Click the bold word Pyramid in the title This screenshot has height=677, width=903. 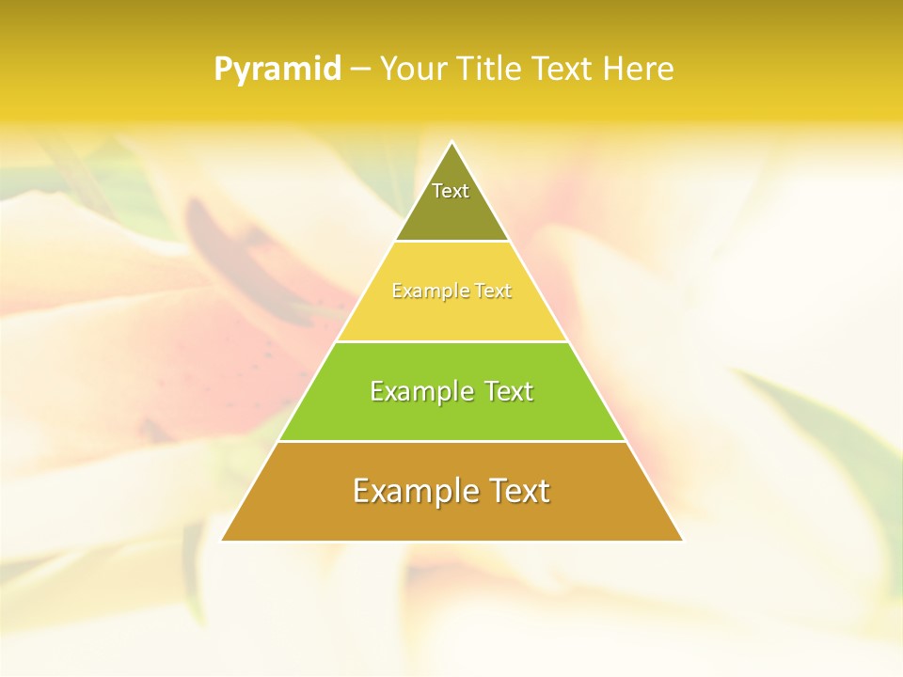click(277, 70)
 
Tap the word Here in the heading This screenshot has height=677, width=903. click(638, 70)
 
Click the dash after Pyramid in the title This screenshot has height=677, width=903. click(360, 70)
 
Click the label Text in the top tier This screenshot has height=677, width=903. click(451, 192)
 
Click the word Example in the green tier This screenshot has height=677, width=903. click(420, 391)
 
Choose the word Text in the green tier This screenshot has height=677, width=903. click(509, 391)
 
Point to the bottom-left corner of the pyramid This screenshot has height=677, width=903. click(223, 540)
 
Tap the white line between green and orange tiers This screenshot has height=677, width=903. click(452, 441)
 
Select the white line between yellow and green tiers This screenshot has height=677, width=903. click(452, 341)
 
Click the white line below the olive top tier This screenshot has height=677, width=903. click(452, 242)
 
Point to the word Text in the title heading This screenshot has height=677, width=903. click(563, 70)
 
